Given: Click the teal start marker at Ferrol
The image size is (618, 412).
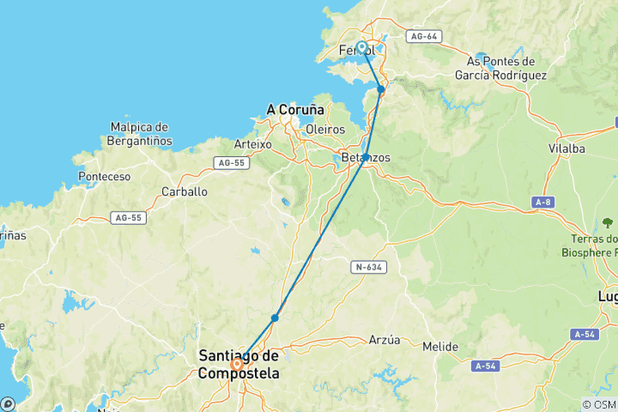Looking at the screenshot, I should [361, 47].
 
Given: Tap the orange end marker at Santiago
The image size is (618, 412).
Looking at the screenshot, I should [237, 363].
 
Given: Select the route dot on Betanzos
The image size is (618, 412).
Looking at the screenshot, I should [366, 158].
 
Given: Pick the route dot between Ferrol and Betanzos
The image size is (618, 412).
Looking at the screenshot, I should [381, 89].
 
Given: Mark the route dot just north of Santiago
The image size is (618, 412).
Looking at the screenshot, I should [275, 318].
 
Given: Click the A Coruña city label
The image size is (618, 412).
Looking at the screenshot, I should [295, 110].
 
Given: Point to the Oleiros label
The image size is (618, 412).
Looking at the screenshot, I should [325, 129].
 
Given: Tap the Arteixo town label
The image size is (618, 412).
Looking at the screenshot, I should [252, 144].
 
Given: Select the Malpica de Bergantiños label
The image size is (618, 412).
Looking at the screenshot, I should [142, 134].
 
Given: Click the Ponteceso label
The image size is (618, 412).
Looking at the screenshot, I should [103, 176].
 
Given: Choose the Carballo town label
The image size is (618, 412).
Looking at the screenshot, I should [185, 191].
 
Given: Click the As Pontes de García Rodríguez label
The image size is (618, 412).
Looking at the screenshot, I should [501, 68].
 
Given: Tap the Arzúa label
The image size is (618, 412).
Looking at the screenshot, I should [384, 340].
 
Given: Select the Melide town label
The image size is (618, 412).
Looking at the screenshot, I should [440, 347].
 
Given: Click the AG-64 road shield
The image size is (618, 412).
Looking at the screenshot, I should [425, 37].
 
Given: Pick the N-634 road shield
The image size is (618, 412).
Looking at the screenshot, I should [369, 267].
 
